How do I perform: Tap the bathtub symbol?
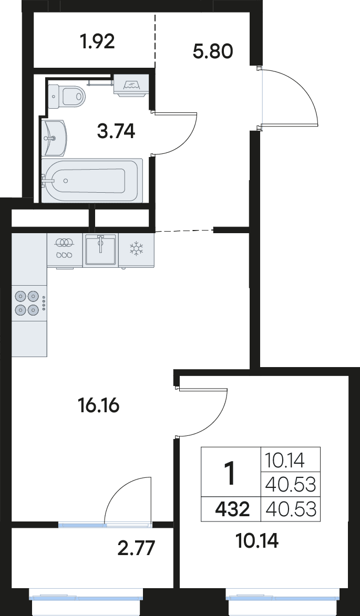[x=92, y=181]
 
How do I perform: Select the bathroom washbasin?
[x=54, y=138]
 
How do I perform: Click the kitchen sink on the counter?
[x=100, y=250]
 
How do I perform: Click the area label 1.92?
[x=97, y=41]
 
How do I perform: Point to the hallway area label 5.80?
[x=213, y=51]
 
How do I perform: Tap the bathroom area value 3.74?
[x=116, y=131]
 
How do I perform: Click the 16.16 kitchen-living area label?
[x=99, y=405]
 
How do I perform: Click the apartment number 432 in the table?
[x=232, y=510]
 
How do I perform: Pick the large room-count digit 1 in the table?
[x=230, y=473]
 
